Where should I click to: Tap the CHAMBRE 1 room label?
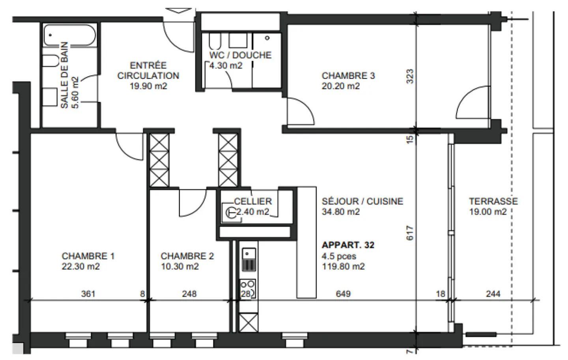click(88, 256)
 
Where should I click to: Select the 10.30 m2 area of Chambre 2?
click(179, 267)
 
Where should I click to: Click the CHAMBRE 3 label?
click(348, 75)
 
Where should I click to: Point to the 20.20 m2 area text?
click(340, 86)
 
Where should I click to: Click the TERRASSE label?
click(493, 201)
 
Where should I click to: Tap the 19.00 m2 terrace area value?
click(488, 212)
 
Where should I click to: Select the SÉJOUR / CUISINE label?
click(362, 201)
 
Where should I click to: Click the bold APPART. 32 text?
click(348, 245)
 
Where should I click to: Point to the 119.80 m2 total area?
click(343, 267)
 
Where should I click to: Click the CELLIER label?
click(253, 201)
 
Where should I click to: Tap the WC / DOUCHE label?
click(240, 55)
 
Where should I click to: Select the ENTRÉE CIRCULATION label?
click(148, 70)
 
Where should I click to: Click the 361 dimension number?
click(88, 294)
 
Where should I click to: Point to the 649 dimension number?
click(343, 294)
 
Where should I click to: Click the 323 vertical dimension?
click(410, 76)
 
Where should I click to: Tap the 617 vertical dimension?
click(410, 233)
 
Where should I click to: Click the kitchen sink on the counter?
click(248, 253)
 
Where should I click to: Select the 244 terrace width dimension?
click(493, 294)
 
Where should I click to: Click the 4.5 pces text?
click(339, 256)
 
